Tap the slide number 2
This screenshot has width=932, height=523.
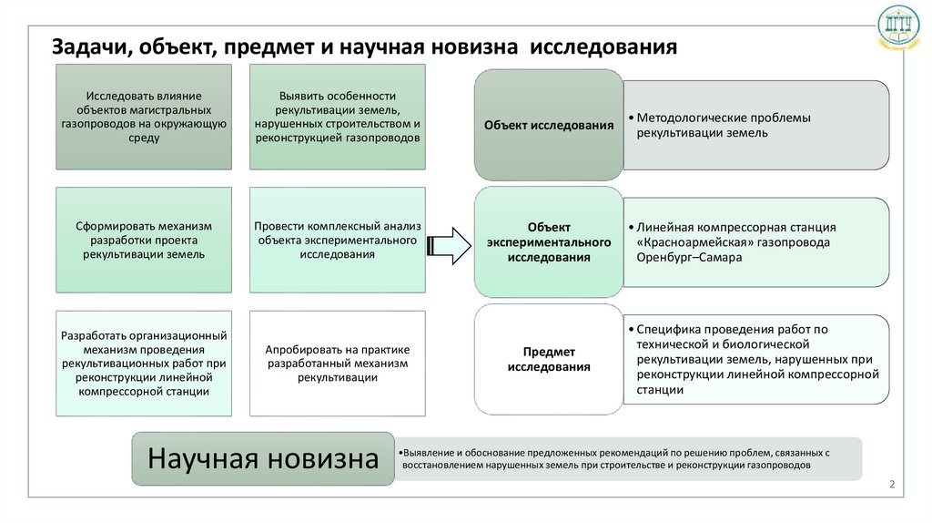[x=892, y=484]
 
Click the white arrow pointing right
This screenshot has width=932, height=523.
[x=449, y=241]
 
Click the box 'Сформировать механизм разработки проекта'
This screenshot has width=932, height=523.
[x=143, y=240]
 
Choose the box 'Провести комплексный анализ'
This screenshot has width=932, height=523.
[x=337, y=240]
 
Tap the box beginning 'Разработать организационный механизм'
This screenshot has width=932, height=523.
[x=143, y=363]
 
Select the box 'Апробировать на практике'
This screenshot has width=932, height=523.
[x=337, y=363]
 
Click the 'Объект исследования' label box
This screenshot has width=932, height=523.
[x=548, y=126]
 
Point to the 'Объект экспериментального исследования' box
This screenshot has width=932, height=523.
[x=548, y=242]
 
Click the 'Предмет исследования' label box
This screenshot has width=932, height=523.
[x=548, y=359]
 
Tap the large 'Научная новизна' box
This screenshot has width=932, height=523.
[x=263, y=457]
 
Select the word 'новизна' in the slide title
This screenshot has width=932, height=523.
[x=479, y=47]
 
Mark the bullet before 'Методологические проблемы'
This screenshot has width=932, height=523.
[x=631, y=118]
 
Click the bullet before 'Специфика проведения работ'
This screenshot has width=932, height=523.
[x=631, y=329]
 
